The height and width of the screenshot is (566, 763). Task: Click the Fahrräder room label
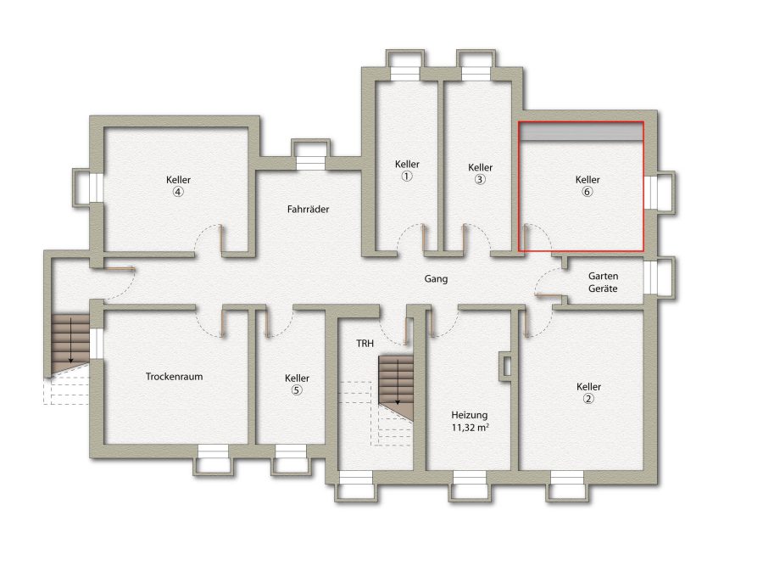tap(308, 210)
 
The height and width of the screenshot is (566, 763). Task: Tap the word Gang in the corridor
tap(436, 279)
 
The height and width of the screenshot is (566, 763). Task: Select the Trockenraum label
tap(174, 377)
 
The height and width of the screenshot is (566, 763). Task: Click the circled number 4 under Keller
tap(178, 192)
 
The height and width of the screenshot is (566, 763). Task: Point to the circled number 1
tap(407, 177)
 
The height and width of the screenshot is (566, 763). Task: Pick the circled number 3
tap(480, 179)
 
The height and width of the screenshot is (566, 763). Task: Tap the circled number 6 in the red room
tap(588, 192)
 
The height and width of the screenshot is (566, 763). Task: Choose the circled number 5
tap(297, 390)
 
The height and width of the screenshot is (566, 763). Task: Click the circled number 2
tap(589, 399)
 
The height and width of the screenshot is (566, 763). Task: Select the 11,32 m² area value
tap(470, 428)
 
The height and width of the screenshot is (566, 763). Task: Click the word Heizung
tap(470, 415)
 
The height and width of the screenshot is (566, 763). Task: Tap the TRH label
tap(365, 344)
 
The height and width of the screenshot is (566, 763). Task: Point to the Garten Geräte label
tap(603, 282)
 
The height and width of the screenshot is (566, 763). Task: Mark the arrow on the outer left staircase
tap(71, 339)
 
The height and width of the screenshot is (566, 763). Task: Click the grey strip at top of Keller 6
tap(582, 132)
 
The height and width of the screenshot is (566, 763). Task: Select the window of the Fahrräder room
tap(310, 163)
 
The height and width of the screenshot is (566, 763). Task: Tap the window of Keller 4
tap(96, 187)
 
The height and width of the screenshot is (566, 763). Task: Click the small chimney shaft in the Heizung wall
tap(505, 367)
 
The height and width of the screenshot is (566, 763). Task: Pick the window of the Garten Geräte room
tap(650, 277)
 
